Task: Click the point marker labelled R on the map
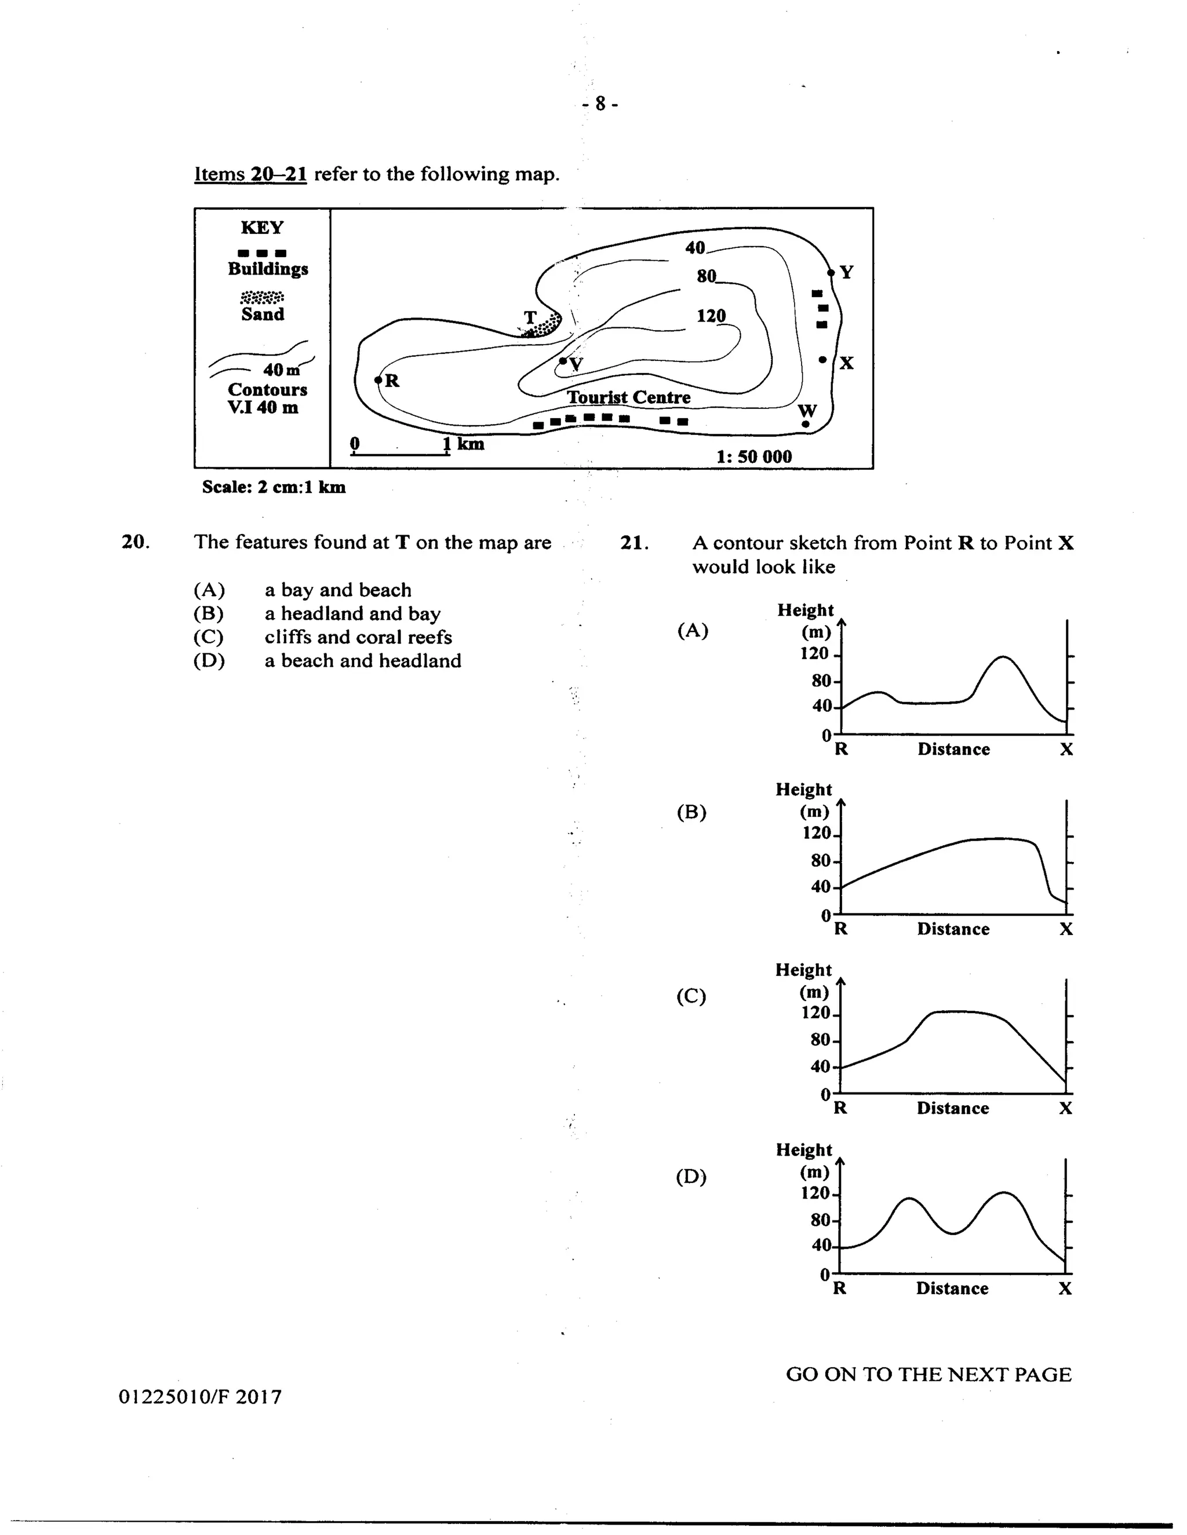pos(378,380)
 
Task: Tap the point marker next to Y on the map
pos(831,273)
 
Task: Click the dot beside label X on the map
pos(823,360)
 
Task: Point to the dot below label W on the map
pos(806,424)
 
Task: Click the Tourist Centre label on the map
pos(629,397)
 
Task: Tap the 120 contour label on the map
pos(711,316)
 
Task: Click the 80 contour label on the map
pos(706,276)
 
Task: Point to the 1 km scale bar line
pos(400,454)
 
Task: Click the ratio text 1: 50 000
pos(754,457)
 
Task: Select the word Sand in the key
pos(263,314)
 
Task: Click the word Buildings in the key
pos(268,269)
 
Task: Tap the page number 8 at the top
pos(600,104)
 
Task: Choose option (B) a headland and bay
pos(352,613)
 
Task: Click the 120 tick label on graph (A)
pos(814,653)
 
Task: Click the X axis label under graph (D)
pos(1065,1288)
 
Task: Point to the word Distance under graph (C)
pos(953,1108)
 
